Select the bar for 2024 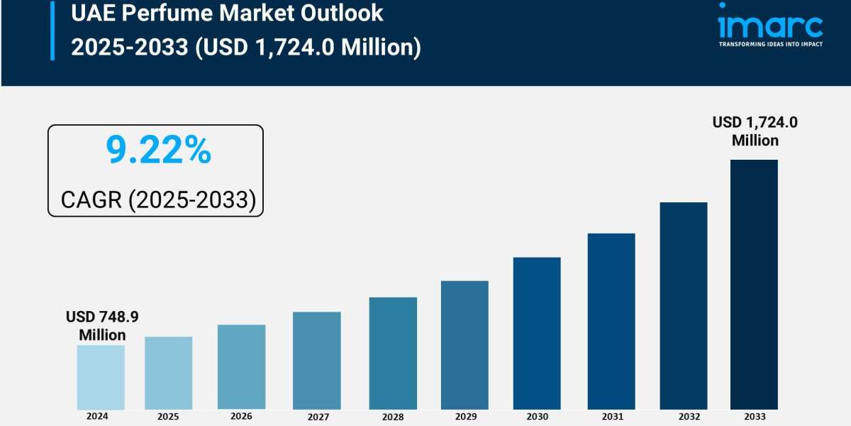pyautogui.click(x=101, y=377)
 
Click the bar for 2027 pyautogui.click(x=316, y=360)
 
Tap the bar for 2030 pyautogui.click(x=537, y=333)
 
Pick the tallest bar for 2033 pyautogui.click(x=754, y=284)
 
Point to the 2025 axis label pyautogui.click(x=168, y=417)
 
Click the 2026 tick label pyautogui.click(x=241, y=416)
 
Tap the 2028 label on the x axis pyautogui.click(x=393, y=417)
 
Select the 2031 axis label pyautogui.click(x=611, y=417)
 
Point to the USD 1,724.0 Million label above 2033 pyautogui.click(x=755, y=131)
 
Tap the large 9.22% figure pyautogui.click(x=158, y=151)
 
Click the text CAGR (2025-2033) pyautogui.click(x=158, y=200)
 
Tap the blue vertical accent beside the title pyautogui.click(x=52, y=30)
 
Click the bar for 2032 pyautogui.click(x=684, y=305)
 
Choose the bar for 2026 pyautogui.click(x=241, y=366)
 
